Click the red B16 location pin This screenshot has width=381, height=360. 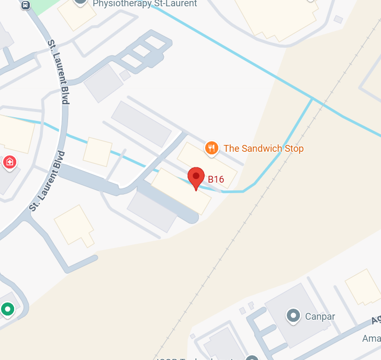tap(196, 177)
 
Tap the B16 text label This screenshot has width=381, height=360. tap(216, 179)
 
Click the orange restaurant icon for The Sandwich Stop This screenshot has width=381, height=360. tap(211, 148)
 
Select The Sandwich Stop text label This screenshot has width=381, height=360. tap(263, 149)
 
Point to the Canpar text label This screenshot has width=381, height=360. tap(320, 316)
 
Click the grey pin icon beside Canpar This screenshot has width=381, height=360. tap(294, 316)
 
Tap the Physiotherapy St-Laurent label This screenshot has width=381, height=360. tap(144, 4)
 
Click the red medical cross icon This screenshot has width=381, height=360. tap(9, 162)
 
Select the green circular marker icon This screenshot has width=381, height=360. tap(7, 309)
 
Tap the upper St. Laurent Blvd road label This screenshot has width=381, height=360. tap(58, 72)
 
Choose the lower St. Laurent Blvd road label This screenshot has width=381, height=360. tap(47, 181)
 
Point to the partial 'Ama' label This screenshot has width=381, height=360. tap(371, 339)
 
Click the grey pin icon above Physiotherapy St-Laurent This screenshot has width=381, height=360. tap(80, 2)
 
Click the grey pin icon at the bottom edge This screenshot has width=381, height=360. tap(252, 358)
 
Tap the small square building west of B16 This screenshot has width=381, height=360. tap(97, 152)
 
